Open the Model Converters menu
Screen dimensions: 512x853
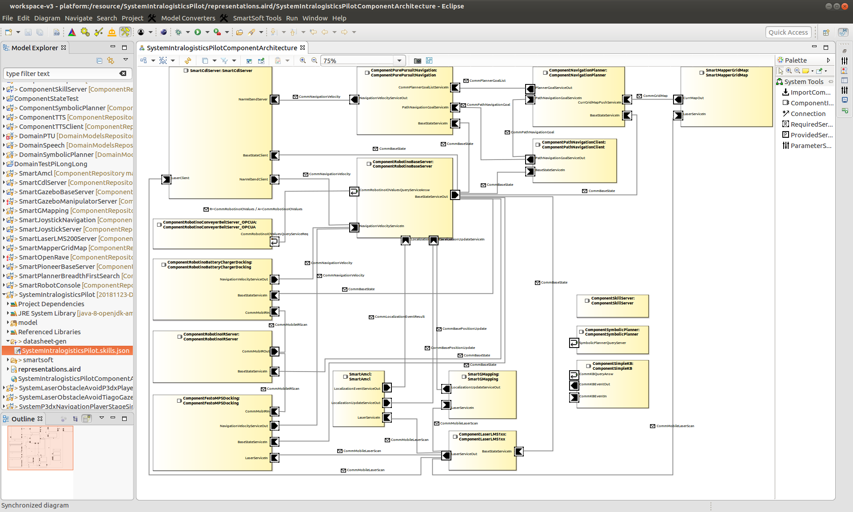188,18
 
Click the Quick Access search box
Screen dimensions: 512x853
788,32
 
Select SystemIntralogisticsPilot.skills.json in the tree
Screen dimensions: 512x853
76,351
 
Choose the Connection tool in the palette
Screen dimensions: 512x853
808,114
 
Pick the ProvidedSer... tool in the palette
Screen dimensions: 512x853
811,135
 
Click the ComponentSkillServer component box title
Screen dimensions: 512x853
612,301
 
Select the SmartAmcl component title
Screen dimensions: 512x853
360,377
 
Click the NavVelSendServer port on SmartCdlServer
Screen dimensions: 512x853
275,99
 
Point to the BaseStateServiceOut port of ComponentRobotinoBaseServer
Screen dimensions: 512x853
455,195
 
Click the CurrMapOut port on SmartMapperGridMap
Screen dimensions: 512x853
678,99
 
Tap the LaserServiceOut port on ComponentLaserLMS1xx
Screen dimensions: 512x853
446,455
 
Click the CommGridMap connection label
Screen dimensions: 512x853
655,96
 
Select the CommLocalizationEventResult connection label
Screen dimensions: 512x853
399,317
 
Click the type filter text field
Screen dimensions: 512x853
62,74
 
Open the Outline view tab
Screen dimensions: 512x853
23,419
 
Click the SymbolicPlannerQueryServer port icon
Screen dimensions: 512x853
574,343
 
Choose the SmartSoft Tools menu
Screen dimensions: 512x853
257,18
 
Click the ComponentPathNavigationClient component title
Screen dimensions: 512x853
573,145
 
